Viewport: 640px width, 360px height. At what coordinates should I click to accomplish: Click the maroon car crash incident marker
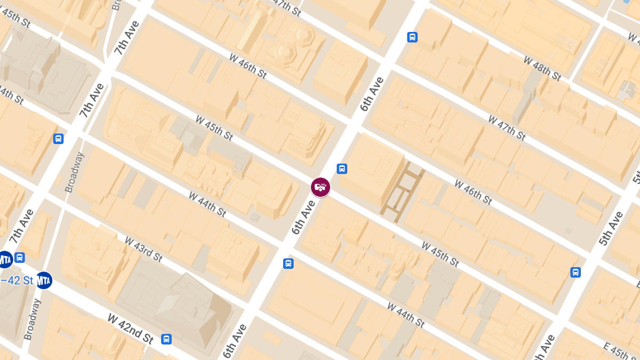tap(321, 187)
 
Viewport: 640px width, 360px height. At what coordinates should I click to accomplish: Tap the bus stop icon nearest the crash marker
tap(342, 169)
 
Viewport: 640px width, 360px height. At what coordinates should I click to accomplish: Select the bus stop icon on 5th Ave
tap(575, 273)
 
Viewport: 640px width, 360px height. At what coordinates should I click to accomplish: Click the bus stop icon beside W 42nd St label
tap(166, 339)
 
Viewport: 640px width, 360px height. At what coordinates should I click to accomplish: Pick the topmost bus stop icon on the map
tap(412, 37)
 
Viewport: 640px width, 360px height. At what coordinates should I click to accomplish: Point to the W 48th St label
tap(542, 68)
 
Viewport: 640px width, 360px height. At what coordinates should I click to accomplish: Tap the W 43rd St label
tap(143, 249)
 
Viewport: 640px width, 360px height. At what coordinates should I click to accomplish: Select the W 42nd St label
tap(131, 328)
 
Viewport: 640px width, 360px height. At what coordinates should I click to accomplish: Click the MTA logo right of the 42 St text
tap(44, 280)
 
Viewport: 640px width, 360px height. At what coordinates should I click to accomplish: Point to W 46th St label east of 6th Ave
tap(473, 192)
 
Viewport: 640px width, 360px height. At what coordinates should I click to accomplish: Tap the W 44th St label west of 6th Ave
tap(207, 203)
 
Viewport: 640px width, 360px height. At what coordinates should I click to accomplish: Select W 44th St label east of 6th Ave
tap(405, 315)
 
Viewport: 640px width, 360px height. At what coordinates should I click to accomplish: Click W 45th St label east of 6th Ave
tap(439, 254)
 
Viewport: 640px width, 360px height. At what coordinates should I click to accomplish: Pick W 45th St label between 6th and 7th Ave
tap(214, 128)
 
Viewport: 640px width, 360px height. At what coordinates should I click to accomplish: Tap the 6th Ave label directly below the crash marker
tap(303, 218)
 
